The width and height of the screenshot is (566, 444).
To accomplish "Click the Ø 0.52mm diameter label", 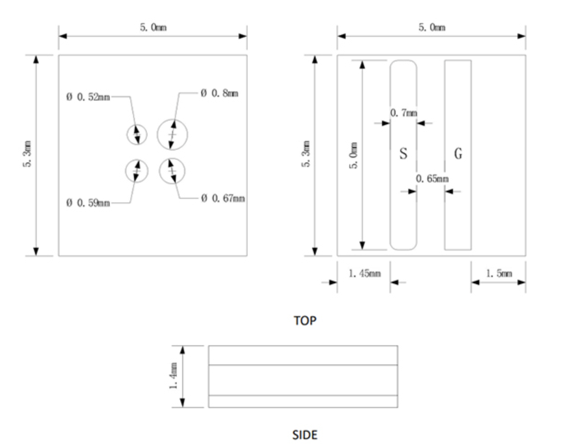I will point(88,97).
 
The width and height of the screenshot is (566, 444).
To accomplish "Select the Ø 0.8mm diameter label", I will point(219,93).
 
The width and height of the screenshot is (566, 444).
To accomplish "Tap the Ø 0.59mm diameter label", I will point(88,203).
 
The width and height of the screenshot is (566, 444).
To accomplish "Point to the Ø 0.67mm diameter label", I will point(223,198).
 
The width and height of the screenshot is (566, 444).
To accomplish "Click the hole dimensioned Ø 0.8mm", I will point(172,135).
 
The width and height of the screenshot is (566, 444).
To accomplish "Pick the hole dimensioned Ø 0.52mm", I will point(137,135).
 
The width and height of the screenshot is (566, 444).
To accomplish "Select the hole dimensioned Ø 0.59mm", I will point(137,171).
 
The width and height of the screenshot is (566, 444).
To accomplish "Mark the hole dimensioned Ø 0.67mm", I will point(172,171).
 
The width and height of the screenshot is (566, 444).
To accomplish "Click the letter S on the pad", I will point(403,154).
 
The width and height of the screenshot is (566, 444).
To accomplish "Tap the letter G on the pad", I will point(458,154).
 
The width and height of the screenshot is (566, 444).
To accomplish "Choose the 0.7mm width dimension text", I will point(403,113).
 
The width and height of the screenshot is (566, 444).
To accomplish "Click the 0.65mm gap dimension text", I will point(432,179).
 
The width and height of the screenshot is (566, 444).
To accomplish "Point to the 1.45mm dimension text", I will point(364,273).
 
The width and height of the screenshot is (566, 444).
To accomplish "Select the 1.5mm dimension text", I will point(499,273).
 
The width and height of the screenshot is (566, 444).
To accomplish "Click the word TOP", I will point(305,321).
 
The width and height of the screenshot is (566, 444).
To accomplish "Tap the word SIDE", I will point(305,435).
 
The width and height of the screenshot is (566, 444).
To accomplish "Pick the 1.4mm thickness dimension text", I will point(173,376).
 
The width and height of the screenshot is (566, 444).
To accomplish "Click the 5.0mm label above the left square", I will point(153,27).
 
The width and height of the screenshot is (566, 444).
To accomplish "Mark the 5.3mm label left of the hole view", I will point(27,154).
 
